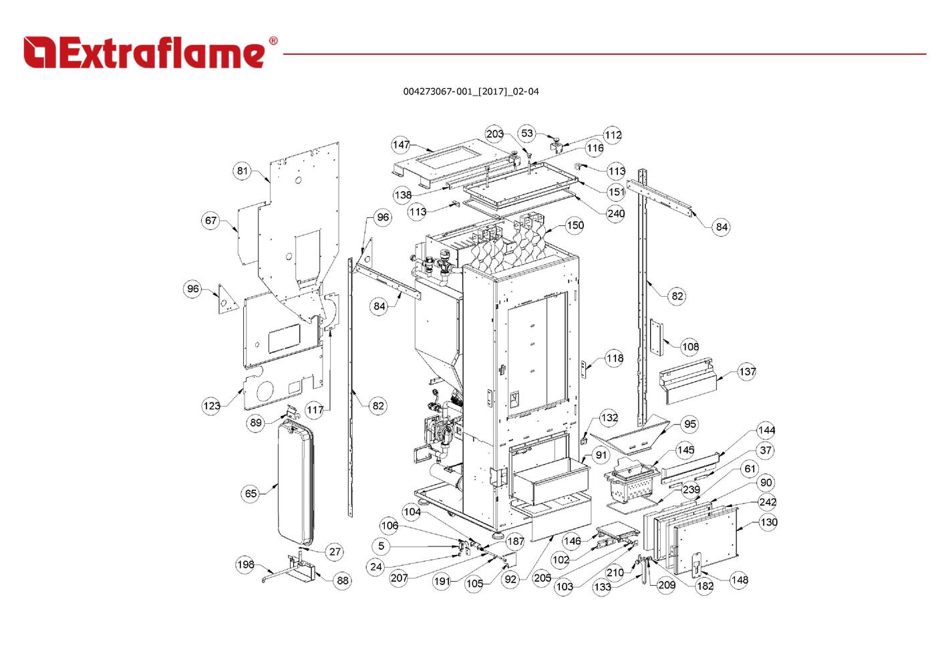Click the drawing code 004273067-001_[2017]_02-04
[470, 92]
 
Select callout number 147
[401, 144]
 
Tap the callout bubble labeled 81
[242, 171]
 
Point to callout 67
[211, 220]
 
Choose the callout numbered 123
[211, 406]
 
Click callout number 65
[251, 493]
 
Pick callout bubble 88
[343, 580]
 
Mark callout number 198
[245, 565]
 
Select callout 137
[747, 372]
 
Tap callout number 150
[575, 225]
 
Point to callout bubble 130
[768, 522]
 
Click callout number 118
[615, 358]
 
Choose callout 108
[690, 346]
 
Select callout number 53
[527, 133]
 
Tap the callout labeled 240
[615, 213]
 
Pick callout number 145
[685, 449]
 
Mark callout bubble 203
[494, 134]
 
